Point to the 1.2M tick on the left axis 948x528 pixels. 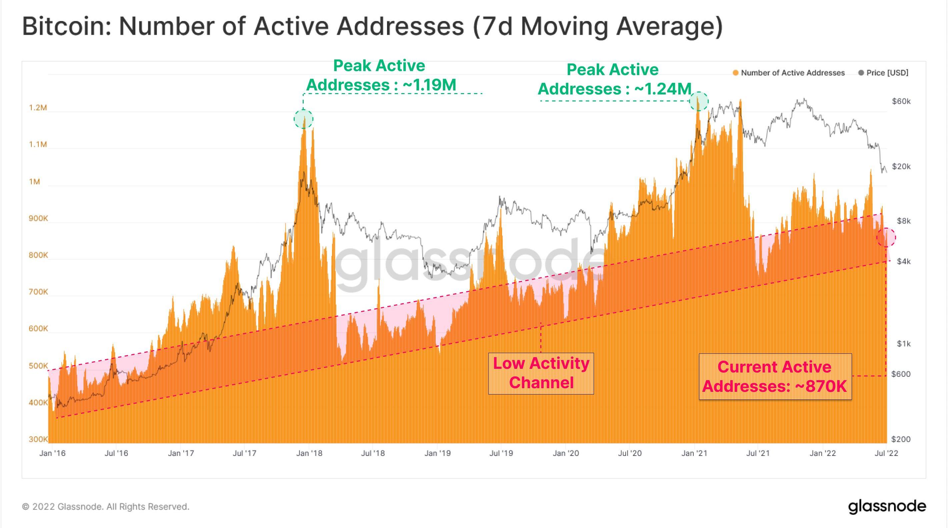(38, 107)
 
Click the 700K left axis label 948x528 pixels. (38, 292)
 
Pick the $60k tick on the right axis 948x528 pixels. (901, 101)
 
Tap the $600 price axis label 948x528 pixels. (901, 374)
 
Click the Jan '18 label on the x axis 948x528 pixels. (309, 453)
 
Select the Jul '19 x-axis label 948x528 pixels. (501, 453)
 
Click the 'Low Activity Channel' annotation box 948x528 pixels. (541, 373)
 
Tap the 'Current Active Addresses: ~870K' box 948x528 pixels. (775, 376)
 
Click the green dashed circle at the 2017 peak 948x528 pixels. (303, 119)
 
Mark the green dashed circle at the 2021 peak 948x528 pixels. (698, 101)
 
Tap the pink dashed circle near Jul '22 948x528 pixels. (886, 237)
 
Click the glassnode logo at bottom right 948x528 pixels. (887, 507)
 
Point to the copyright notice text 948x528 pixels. (106, 507)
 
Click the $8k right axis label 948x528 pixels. (903, 221)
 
